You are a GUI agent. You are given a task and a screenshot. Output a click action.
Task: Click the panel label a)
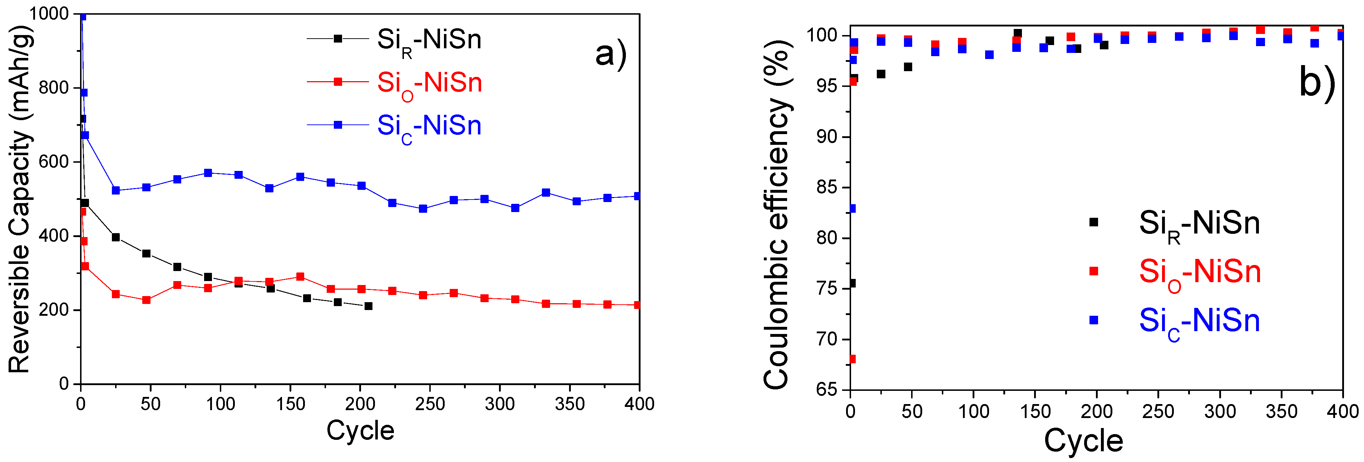(x=611, y=54)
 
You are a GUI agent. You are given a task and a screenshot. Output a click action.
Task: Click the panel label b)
(x=1317, y=82)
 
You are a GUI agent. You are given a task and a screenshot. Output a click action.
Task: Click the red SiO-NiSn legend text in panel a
(x=429, y=84)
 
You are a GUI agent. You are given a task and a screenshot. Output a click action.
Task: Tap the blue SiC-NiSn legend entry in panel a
(x=429, y=127)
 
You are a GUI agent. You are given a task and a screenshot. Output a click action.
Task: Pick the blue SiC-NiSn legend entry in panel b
(x=1199, y=321)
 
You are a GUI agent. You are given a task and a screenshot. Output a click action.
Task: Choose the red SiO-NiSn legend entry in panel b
(x=1199, y=273)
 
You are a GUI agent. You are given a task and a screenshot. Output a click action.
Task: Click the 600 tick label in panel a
(x=54, y=162)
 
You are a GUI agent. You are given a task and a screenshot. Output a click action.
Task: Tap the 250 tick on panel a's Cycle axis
(x=429, y=404)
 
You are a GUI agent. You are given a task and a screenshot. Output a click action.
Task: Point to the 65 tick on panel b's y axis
(x=826, y=389)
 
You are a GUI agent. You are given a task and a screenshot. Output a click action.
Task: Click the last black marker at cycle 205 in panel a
(x=369, y=306)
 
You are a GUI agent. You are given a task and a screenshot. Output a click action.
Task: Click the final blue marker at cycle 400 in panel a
(x=638, y=196)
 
